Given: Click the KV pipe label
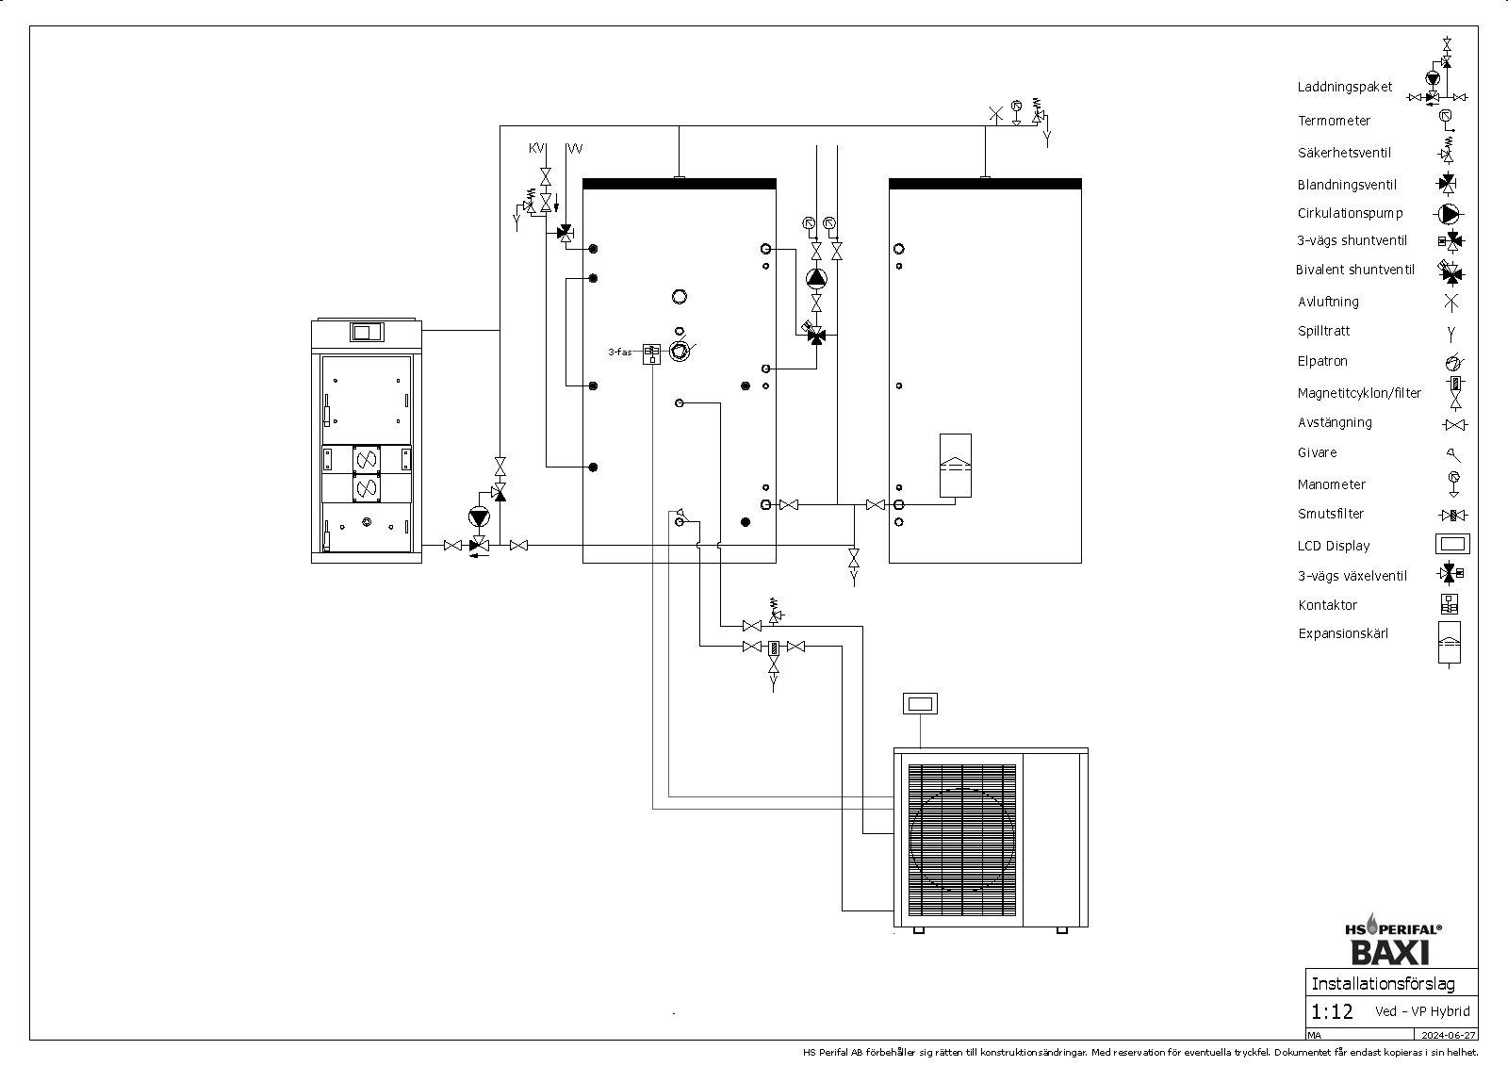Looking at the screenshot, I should [x=536, y=149].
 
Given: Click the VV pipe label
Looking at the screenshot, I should [x=574, y=149].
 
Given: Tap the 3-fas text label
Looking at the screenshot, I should [x=619, y=353].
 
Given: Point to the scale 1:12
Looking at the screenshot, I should [x=1332, y=1012].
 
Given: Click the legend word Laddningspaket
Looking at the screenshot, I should [x=1344, y=87].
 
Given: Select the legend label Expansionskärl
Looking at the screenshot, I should [x=1343, y=633].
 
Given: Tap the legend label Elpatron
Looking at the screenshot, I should [x=1322, y=361].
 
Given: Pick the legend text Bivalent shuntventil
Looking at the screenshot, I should [x=1354, y=270].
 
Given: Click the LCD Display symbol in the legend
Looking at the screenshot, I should [x=1452, y=544].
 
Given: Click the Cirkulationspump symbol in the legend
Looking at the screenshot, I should [x=1449, y=214].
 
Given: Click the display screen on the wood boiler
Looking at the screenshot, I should [x=367, y=332].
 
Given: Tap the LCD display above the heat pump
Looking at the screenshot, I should [x=919, y=703].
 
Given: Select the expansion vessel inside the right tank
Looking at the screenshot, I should [x=955, y=465].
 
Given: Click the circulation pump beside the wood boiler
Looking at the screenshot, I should [x=480, y=517].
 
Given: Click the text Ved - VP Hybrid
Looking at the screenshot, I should [x=1421, y=1011].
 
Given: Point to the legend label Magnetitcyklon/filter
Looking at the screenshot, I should [x=1359, y=393].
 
